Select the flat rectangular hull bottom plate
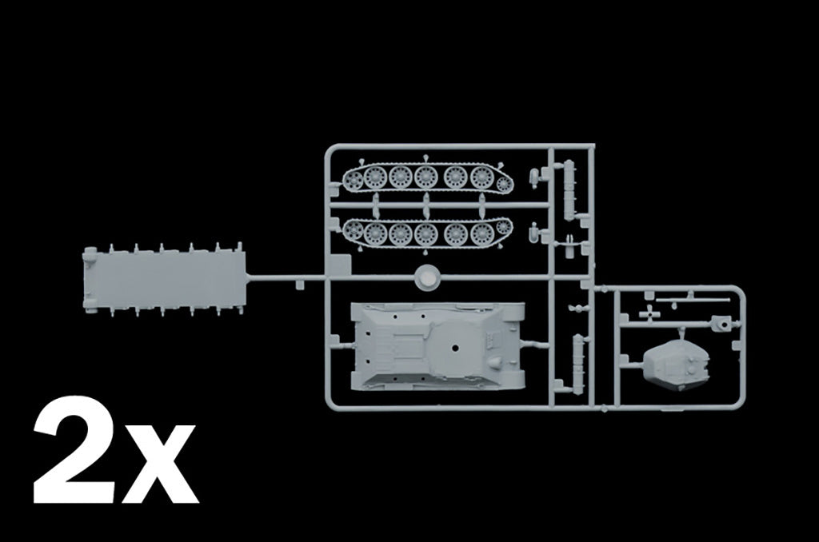pos(163,279)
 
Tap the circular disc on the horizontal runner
pos(427,277)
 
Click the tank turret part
pos(677,362)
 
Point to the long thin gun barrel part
pos(693,301)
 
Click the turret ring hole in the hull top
pos(455,347)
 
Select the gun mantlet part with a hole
pos(721,324)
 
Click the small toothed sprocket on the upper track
pos(504,184)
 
